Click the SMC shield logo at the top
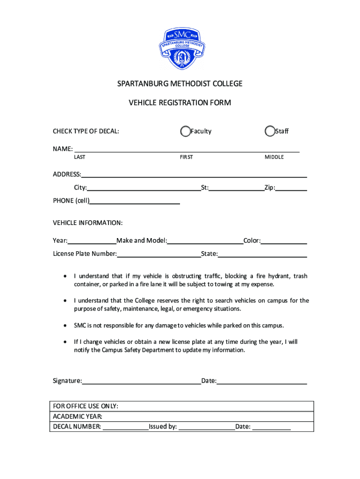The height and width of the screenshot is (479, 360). (x=180, y=48)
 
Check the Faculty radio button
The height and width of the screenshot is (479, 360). (x=186, y=131)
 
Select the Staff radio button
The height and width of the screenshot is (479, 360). (x=270, y=131)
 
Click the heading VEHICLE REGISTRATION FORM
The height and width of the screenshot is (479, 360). (x=180, y=102)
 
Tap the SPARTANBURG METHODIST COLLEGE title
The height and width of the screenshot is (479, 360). (x=180, y=84)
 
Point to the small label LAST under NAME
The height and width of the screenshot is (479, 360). (x=79, y=157)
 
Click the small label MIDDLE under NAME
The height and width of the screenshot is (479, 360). (x=274, y=157)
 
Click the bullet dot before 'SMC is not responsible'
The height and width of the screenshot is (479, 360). (x=65, y=325)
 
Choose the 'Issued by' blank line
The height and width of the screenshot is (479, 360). (x=207, y=427)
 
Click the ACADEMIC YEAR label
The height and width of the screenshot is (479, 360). (x=78, y=416)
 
